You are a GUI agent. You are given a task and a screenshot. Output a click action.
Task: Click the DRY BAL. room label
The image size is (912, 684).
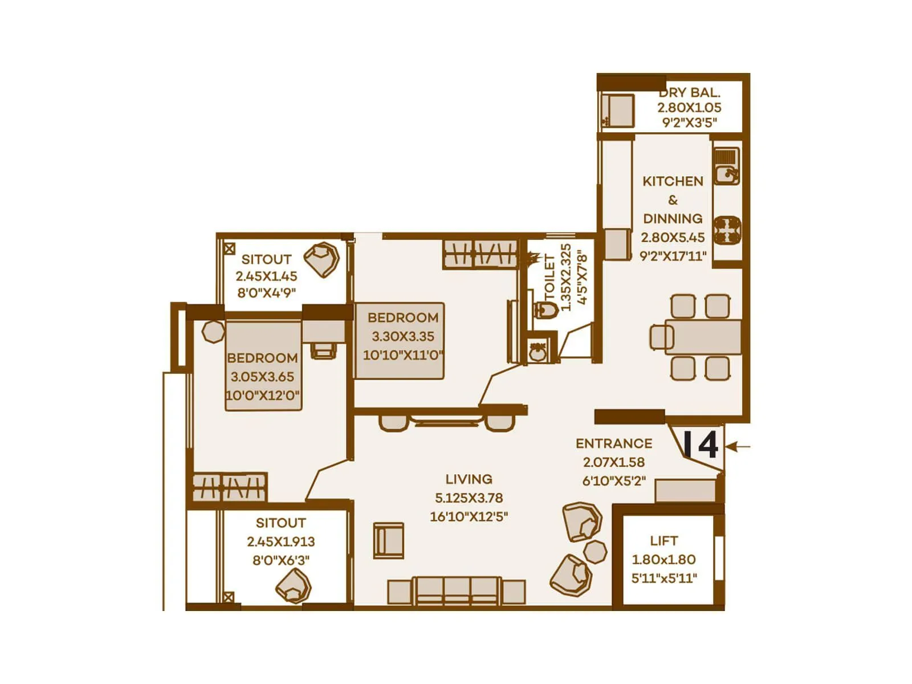coord(689,92)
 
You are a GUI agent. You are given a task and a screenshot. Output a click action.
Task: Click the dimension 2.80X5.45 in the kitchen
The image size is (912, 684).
coord(673,238)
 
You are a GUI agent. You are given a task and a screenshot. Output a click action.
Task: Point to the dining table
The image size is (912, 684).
coord(703,337)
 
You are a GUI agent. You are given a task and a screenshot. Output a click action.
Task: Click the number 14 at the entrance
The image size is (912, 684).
coord(701,445)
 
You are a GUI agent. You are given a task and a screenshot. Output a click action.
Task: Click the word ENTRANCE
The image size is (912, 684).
coord(614,443)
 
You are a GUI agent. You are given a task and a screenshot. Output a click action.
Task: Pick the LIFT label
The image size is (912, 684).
coord(664,540)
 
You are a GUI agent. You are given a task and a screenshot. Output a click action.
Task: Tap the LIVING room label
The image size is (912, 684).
coord(469,479)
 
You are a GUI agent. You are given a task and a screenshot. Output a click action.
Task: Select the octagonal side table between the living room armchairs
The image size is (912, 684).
coord(596,552)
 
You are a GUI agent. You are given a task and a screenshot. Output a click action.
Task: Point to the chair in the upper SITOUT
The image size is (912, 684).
coord(322,259)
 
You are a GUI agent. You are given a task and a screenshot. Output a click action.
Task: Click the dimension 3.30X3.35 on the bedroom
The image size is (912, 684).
coord(403,336)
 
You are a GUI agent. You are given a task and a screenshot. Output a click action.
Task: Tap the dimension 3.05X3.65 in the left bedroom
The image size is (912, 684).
coord(262,377)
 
